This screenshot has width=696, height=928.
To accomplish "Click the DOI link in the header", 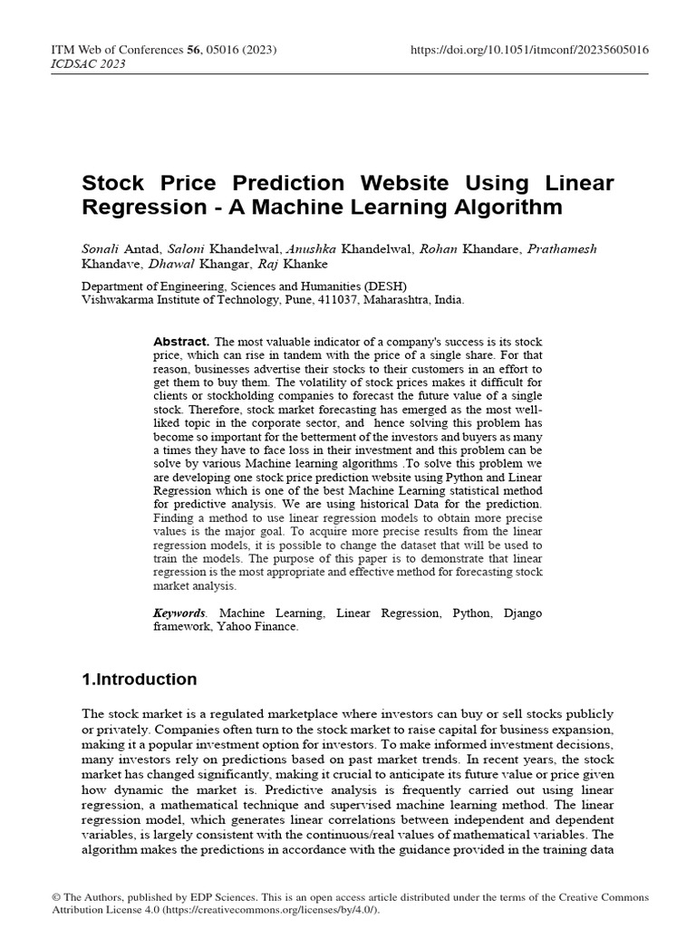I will click(529, 49).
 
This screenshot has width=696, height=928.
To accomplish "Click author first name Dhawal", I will click(169, 264).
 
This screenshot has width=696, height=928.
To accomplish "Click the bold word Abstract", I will click(181, 341).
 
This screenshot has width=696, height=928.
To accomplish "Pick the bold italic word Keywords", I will click(179, 614).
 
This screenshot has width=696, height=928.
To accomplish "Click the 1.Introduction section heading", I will click(140, 679).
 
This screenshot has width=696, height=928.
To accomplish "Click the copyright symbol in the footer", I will click(55, 897).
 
